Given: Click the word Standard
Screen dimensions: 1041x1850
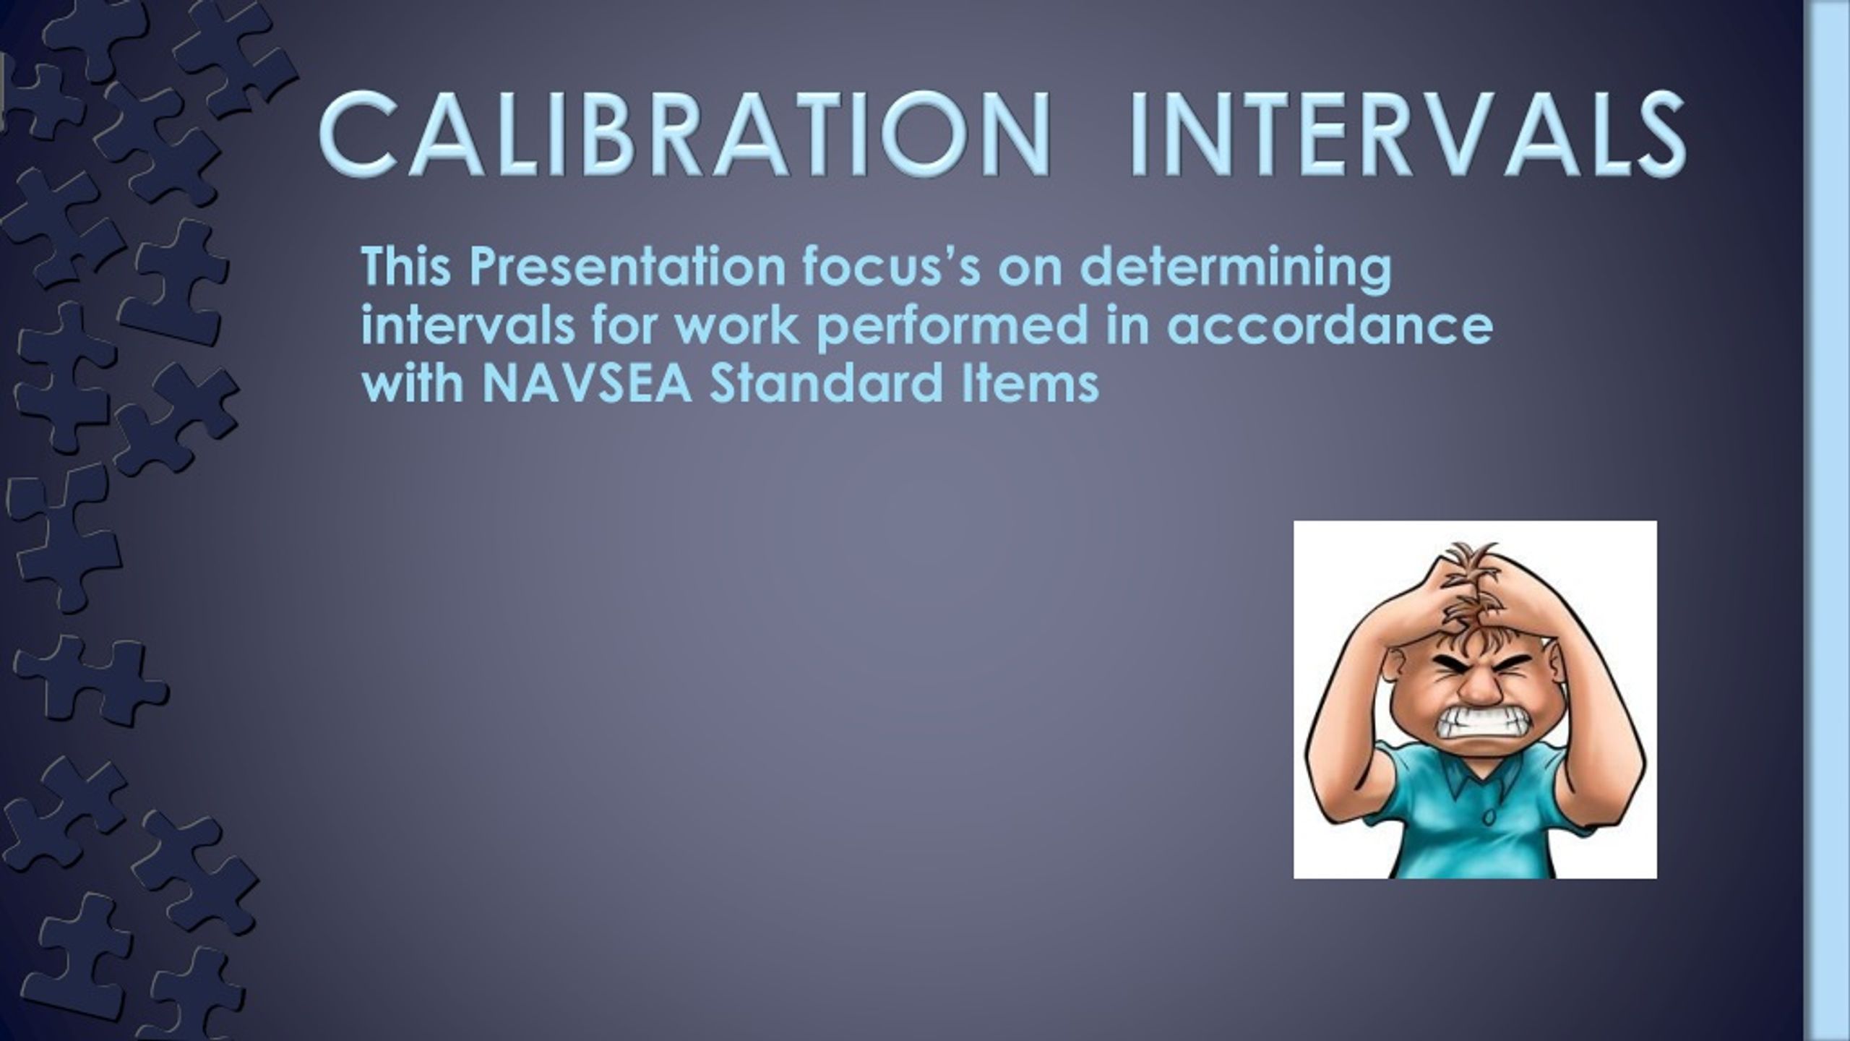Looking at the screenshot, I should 825,384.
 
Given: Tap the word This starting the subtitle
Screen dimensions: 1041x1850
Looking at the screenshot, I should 406,267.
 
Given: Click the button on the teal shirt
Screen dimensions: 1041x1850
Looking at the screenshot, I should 1488,818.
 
